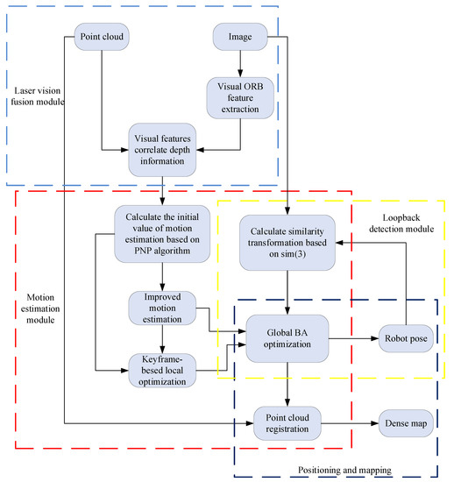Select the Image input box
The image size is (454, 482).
click(x=239, y=38)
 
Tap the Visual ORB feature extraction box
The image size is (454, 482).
click(x=239, y=97)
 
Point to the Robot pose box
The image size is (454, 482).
click(x=405, y=338)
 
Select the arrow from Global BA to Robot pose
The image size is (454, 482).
click(x=352, y=338)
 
